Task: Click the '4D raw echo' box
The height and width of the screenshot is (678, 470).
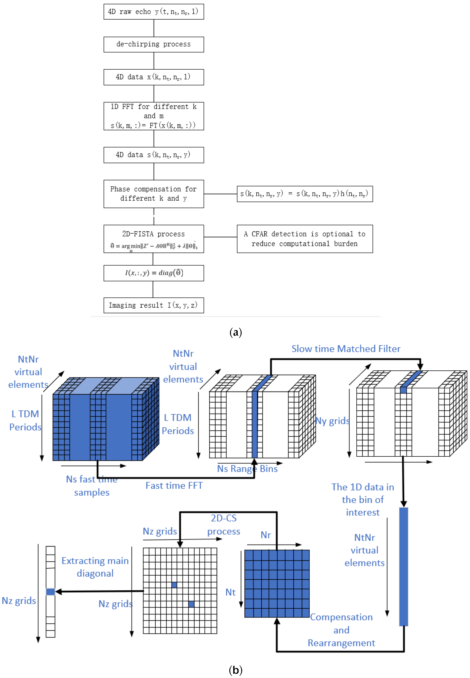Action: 154,12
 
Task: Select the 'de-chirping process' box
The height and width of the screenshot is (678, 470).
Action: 154,45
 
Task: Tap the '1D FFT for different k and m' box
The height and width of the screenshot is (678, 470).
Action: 154,116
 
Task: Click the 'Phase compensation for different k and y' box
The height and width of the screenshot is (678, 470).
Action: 154,194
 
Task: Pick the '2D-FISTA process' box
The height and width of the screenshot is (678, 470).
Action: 154,239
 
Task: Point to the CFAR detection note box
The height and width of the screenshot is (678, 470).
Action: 305,239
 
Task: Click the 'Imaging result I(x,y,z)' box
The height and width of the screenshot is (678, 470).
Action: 154,305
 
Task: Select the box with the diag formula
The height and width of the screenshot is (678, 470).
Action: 154,273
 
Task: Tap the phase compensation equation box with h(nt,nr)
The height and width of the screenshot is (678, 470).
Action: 305,194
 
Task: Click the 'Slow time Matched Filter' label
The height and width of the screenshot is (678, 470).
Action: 346,349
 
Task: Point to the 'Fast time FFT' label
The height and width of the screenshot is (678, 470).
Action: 174,486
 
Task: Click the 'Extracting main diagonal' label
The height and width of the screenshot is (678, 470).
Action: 95,567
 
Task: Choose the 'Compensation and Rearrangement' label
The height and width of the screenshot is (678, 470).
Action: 341,630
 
